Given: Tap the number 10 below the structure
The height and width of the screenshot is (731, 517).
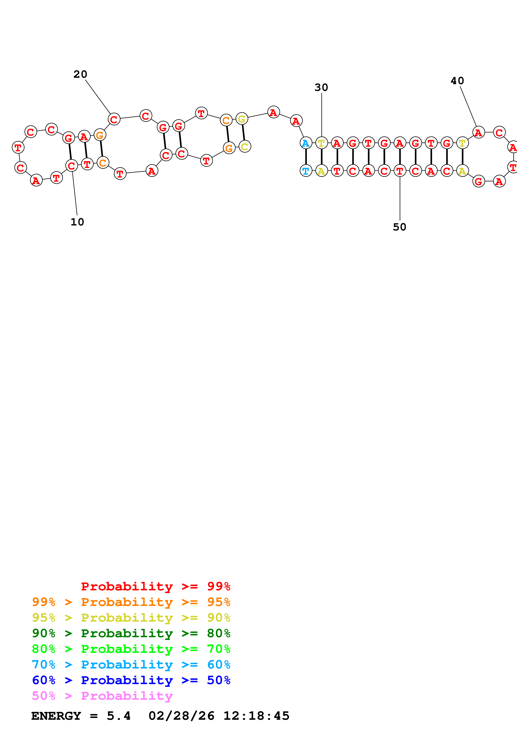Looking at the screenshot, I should click(77, 222).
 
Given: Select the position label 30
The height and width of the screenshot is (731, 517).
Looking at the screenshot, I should click(321, 87).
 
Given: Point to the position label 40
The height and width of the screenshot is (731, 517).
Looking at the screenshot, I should click(457, 81).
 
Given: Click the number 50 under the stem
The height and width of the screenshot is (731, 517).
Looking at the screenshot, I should click(399, 227).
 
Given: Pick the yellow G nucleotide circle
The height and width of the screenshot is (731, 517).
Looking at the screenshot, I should click(242, 119).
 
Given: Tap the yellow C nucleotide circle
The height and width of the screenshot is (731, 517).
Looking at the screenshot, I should click(245, 146).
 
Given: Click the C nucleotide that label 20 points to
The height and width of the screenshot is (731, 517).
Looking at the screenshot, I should click(114, 119).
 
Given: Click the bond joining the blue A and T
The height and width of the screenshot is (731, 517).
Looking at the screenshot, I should click(306, 157).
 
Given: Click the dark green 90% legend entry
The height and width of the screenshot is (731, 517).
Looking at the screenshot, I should click(131, 633).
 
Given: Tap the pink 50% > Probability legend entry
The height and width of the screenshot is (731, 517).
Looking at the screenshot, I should click(102, 696).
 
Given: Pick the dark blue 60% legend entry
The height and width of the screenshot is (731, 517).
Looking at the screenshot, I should click(131, 680).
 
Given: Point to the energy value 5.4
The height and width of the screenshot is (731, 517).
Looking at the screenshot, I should click(118, 716).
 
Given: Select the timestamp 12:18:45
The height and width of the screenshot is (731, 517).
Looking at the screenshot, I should click(256, 716).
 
